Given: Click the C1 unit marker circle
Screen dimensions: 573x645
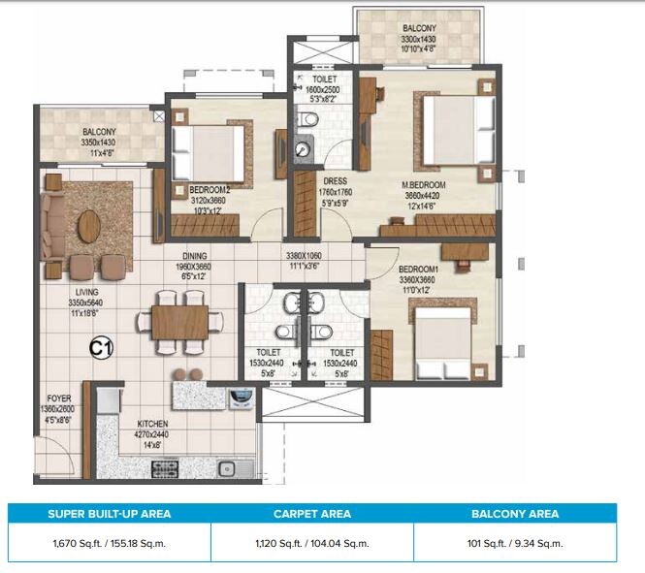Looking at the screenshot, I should pyautogui.click(x=99, y=346).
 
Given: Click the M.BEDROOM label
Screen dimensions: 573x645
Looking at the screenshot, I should pyautogui.click(x=424, y=183).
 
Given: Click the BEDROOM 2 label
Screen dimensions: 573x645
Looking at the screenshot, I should pyautogui.click(x=210, y=190).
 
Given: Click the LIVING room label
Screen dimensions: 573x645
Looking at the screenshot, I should pyautogui.click(x=66, y=290).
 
